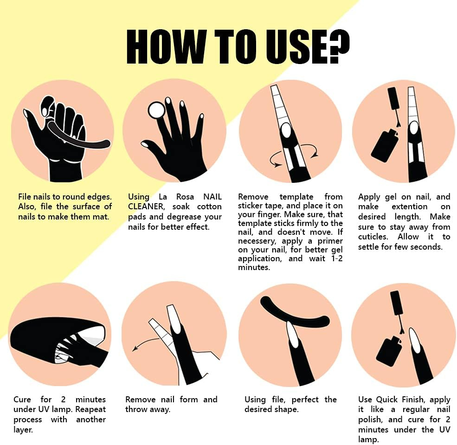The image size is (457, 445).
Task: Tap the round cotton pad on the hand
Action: (156, 110)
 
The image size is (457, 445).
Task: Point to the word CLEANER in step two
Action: (146, 206)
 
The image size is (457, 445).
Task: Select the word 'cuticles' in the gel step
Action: (373, 237)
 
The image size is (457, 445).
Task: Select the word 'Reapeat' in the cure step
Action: (90, 409)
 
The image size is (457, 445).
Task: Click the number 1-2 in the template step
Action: (337, 258)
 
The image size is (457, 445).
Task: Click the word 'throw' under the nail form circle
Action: (136, 409)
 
